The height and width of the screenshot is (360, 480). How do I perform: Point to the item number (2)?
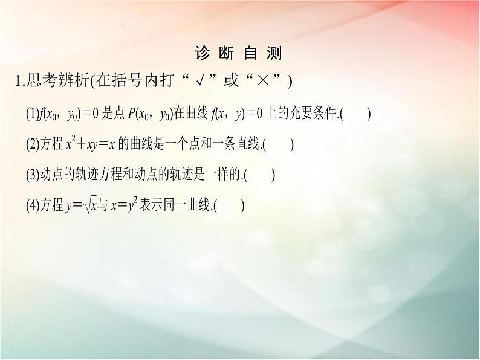(x=32, y=144)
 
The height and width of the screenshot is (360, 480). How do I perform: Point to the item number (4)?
(x=32, y=206)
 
